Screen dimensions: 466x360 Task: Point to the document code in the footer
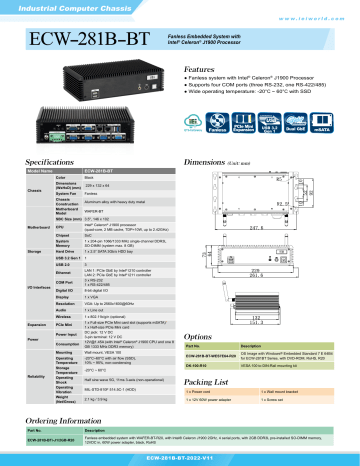pos(180,458)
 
